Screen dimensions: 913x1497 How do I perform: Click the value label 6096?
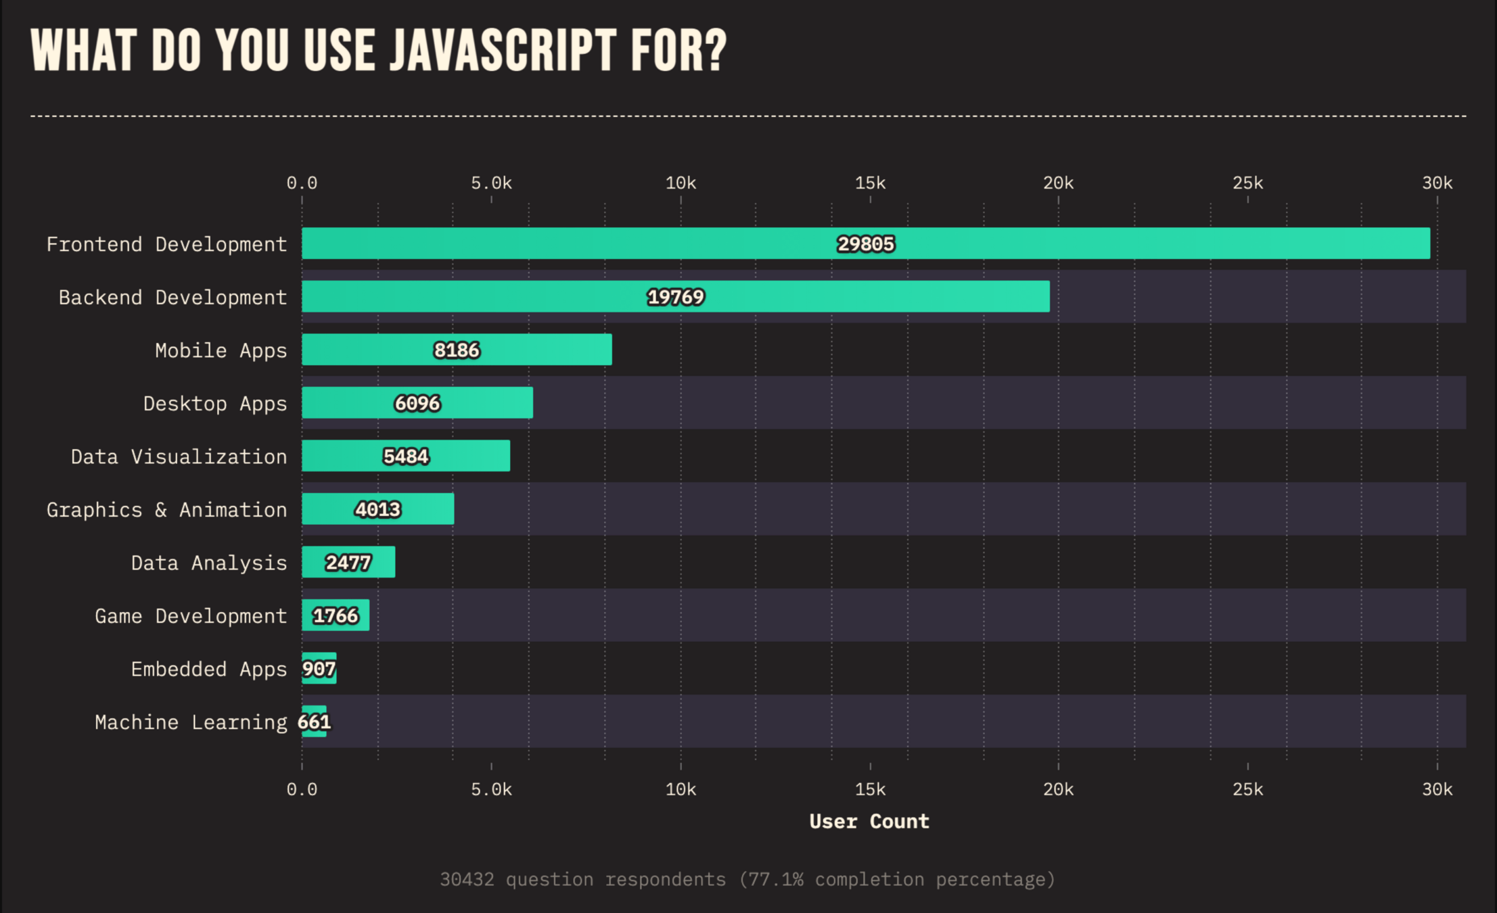(417, 404)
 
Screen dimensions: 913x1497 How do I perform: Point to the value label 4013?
(378, 509)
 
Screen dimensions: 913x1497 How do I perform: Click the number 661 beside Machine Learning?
(314, 722)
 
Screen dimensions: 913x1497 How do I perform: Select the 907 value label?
(319, 669)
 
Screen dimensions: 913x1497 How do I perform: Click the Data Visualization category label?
(179, 456)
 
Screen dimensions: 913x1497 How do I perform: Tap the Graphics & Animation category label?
(166, 509)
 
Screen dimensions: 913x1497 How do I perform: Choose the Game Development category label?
(191, 616)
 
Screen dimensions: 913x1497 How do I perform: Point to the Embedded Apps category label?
(208, 669)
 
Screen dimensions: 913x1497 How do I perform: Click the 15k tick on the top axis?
(870, 183)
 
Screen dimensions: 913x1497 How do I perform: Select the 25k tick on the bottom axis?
(1247, 789)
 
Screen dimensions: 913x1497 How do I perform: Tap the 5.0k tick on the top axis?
(491, 183)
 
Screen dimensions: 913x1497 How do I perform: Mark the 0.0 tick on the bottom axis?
(302, 789)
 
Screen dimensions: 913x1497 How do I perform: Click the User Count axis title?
(869, 821)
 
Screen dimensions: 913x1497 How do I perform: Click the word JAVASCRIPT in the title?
(503, 51)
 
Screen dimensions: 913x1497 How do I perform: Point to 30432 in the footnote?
(467, 879)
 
